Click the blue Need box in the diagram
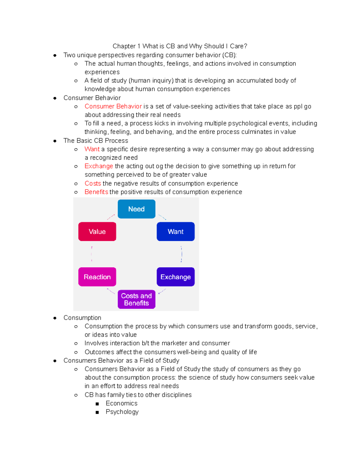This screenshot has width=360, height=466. pos(136,209)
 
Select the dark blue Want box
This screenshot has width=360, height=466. pos(175,231)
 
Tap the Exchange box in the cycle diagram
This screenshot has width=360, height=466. pos(175,277)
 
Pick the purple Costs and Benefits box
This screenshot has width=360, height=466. pos(136,299)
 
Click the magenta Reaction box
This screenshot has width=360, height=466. pos(97,277)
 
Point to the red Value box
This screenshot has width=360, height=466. pos(97,231)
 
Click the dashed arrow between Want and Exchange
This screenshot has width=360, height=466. pos(181,254)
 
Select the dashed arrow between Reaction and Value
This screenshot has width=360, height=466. pos(92,254)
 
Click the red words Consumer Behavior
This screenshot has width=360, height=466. pos(113,106)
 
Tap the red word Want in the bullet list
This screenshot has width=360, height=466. pos(92,149)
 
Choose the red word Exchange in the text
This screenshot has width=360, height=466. pos(99,166)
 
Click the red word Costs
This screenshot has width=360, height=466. pos(93,183)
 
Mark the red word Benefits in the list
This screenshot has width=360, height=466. pos(96,192)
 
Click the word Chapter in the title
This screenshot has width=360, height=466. pos(124,46)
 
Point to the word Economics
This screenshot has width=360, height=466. pos(121,403)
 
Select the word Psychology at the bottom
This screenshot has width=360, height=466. pos(122,412)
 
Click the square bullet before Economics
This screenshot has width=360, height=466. pos(97,404)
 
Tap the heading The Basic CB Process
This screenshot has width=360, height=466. pos(96,140)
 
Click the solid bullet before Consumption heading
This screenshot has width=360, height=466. pos(55,318)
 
